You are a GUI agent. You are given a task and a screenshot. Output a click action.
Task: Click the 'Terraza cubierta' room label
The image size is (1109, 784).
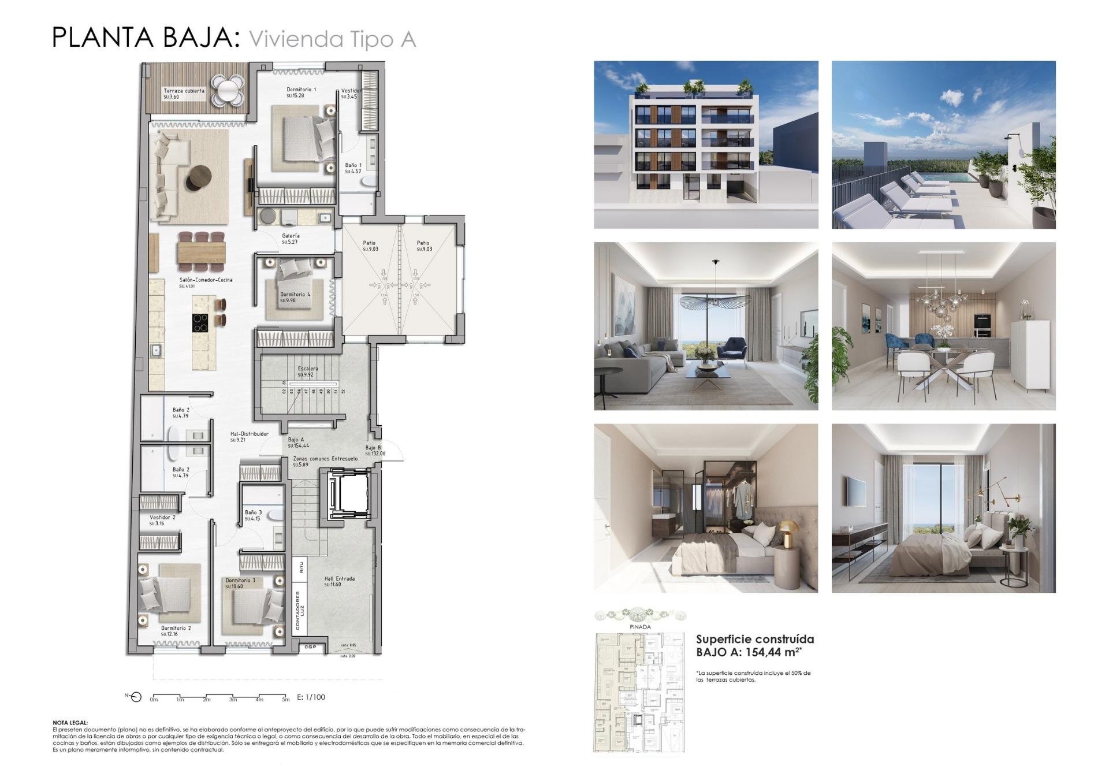click(x=184, y=91)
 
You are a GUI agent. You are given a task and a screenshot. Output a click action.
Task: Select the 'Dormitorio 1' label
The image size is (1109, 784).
click(x=301, y=90)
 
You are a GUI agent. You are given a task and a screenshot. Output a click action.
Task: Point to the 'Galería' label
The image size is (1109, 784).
click(x=291, y=236)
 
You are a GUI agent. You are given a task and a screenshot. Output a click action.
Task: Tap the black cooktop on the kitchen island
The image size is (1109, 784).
click(x=200, y=322)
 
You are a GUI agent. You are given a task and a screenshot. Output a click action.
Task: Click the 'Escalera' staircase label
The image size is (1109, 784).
click(x=308, y=369)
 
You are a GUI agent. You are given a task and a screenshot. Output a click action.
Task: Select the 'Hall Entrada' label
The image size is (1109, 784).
click(x=339, y=578)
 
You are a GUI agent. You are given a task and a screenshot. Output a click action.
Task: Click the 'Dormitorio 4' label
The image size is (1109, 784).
click(x=295, y=295)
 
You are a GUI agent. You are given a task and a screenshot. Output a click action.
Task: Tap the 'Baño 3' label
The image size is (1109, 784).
click(x=253, y=512)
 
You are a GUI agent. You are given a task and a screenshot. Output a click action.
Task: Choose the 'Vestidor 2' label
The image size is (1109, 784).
click(x=162, y=518)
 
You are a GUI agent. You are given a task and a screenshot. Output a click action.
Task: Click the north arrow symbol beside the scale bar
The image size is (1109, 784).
click(x=135, y=697)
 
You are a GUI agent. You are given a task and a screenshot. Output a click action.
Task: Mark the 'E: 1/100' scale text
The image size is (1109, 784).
click(x=311, y=697)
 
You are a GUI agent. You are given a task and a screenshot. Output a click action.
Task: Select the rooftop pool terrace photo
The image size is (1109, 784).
click(x=943, y=144)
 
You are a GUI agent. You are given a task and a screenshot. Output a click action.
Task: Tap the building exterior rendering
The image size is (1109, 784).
click(x=706, y=144)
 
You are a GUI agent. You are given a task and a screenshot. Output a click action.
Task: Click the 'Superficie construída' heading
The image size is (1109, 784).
click(x=754, y=639)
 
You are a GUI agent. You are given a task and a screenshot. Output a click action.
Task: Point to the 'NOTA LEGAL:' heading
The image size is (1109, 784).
click(x=70, y=722)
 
